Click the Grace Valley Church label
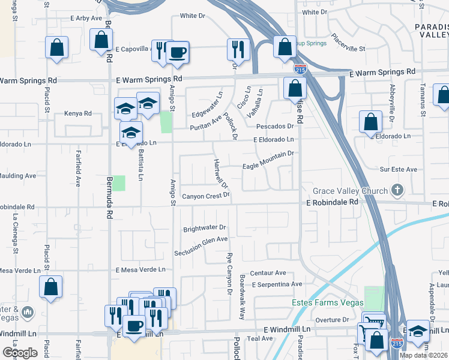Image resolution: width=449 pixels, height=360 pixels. [350, 191]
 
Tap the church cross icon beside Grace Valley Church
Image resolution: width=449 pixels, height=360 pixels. [396, 191]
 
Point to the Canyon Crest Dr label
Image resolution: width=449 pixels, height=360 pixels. [206, 196]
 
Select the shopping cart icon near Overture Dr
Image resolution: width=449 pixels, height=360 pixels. [374, 322]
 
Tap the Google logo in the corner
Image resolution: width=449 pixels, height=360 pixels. [20, 353]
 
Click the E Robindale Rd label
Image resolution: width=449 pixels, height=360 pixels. [332, 203]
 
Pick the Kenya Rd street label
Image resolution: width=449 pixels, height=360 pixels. [78, 113]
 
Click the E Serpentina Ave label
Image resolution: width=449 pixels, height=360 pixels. [277, 284]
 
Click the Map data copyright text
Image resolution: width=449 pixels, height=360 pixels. [423, 355]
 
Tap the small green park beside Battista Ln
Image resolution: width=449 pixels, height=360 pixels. [119, 183]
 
